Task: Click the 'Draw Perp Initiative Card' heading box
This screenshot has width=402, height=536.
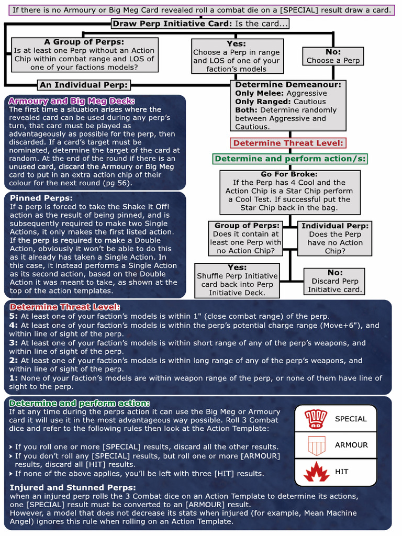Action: click(x=200, y=24)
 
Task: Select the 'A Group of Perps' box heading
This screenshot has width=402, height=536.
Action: click(x=84, y=42)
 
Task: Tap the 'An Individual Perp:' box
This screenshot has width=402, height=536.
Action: click(x=84, y=85)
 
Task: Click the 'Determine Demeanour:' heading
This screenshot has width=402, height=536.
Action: click(x=288, y=84)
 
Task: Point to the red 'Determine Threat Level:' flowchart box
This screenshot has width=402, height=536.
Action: click(x=288, y=143)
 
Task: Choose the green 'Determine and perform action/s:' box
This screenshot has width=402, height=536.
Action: click(x=290, y=159)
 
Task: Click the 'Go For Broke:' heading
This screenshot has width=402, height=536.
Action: click(x=289, y=174)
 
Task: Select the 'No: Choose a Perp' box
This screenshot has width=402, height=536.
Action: click(x=333, y=56)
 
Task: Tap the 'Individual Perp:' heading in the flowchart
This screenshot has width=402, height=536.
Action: click(x=335, y=226)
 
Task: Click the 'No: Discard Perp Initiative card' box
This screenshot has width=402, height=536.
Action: click(x=334, y=281)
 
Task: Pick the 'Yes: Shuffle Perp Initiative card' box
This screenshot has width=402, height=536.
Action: click(x=237, y=280)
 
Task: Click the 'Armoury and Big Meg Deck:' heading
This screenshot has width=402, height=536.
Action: click(x=72, y=101)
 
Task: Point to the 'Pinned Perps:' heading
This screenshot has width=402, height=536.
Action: click(x=41, y=198)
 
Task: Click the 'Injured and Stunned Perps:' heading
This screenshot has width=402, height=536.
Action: click(x=65, y=487)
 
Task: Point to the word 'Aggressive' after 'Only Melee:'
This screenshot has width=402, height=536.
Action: click(x=307, y=93)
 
